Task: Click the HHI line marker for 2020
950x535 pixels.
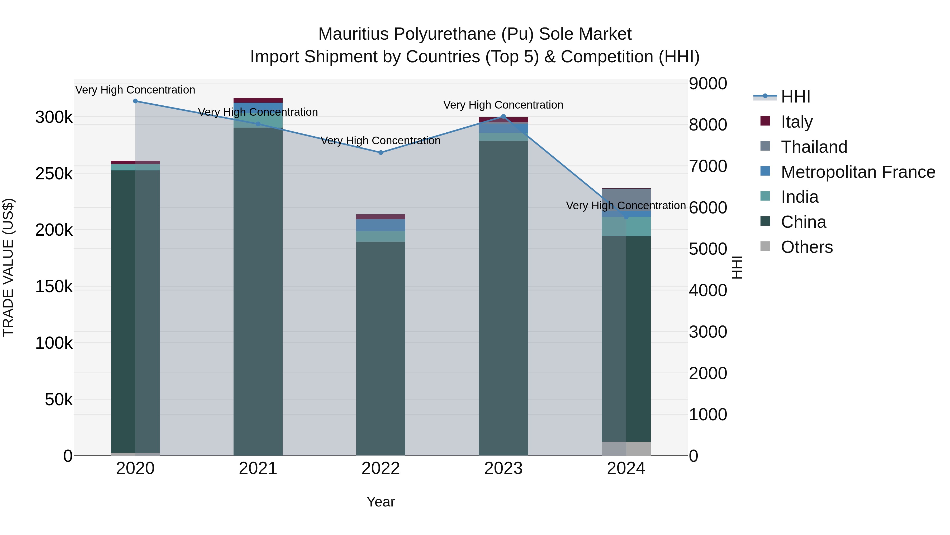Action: click(x=135, y=101)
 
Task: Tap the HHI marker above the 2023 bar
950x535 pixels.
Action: click(x=503, y=117)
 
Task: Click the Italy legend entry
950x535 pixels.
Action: click(x=797, y=122)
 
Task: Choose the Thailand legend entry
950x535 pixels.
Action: click(x=814, y=147)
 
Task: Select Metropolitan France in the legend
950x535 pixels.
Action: click(x=858, y=172)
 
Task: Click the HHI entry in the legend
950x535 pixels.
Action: click(x=795, y=97)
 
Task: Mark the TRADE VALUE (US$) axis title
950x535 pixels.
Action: click(x=8, y=267)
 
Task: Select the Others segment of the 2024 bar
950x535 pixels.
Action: click(x=626, y=449)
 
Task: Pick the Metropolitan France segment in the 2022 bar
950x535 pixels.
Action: click(x=381, y=225)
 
